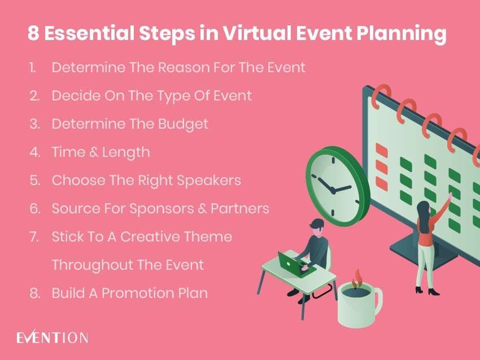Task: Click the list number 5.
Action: click(x=34, y=181)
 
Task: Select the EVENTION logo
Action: click(x=52, y=338)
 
